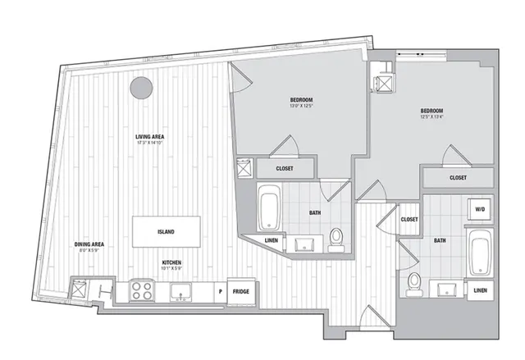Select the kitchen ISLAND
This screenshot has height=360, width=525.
coord(166,231)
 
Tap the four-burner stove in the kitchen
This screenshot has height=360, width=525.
coord(141,290)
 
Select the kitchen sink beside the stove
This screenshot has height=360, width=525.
coord(180,291)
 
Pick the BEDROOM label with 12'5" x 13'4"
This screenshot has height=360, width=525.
coord(431,111)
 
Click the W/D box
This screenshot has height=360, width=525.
coord(479,210)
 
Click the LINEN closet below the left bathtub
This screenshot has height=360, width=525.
coord(272,239)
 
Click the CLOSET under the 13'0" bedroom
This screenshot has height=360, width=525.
coord(285,168)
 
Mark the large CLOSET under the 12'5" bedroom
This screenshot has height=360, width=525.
coord(458,177)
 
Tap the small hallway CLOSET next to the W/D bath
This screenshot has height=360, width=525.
coord(409,220)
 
